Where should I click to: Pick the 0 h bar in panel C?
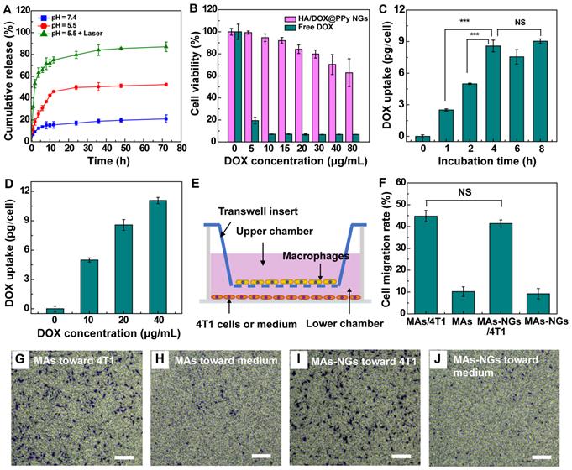(x=422, y=137)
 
